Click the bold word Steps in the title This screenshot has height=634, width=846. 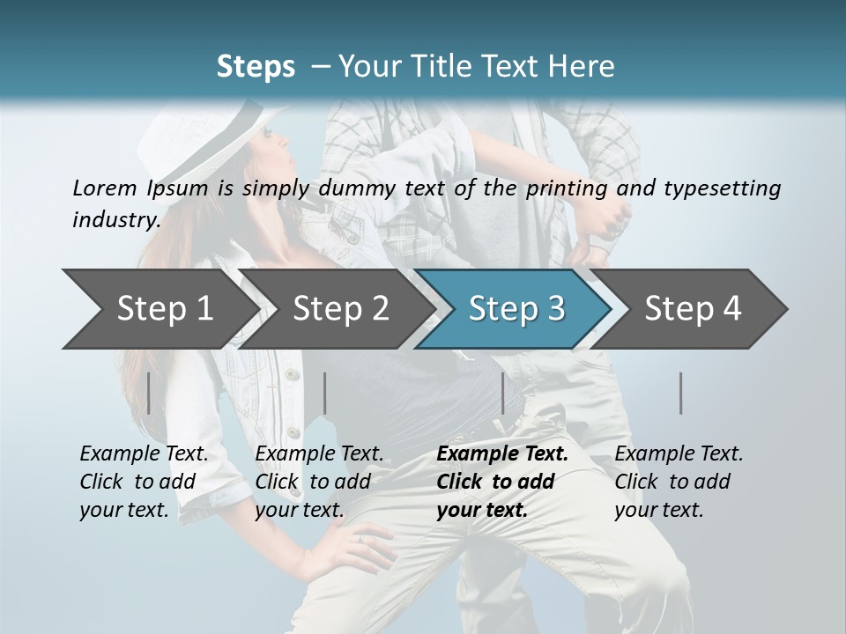pyautogui.click(x=256, y=67)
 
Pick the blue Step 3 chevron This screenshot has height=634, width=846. pyautogui.click(x=516, y=308)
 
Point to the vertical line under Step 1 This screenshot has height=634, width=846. pyautogui.click(x=149, y=393)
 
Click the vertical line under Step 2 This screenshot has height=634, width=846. pyautogui.click(x=325, y=393)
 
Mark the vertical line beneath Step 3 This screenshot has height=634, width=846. pyautogui.click(x=502, y=393)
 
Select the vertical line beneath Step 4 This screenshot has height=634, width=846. pyautogui.click(x=681, y=393)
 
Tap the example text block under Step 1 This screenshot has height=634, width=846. pyautogui.click(x=144, y=481)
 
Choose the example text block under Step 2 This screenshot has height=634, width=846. pyautogui.click(x=319, y=481)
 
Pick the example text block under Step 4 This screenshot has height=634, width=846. pyautogui.click(x=679, y=481)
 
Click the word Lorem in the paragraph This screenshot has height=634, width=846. pyautogui.click(x=104, y=188)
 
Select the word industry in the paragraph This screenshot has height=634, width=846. pyautogui.click(x=115, y=220)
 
